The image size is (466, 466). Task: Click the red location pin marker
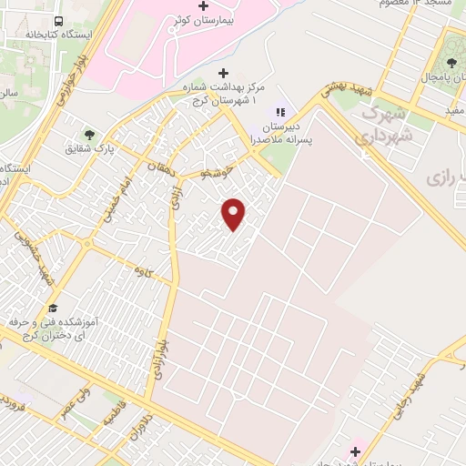pyautogui.click(x=235, y=214)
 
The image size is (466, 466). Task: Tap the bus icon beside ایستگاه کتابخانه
pyautogui.click(x=58, y=21)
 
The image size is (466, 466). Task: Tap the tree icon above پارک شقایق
pyautogui.click(x=89, y=133)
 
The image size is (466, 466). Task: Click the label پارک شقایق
pyautogui.click(x=88, y=148)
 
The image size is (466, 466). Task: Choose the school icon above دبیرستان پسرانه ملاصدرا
pyautogui.click(x=280, y=112)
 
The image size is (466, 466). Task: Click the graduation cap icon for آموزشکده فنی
pyautogui.click(x=53, y=308)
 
